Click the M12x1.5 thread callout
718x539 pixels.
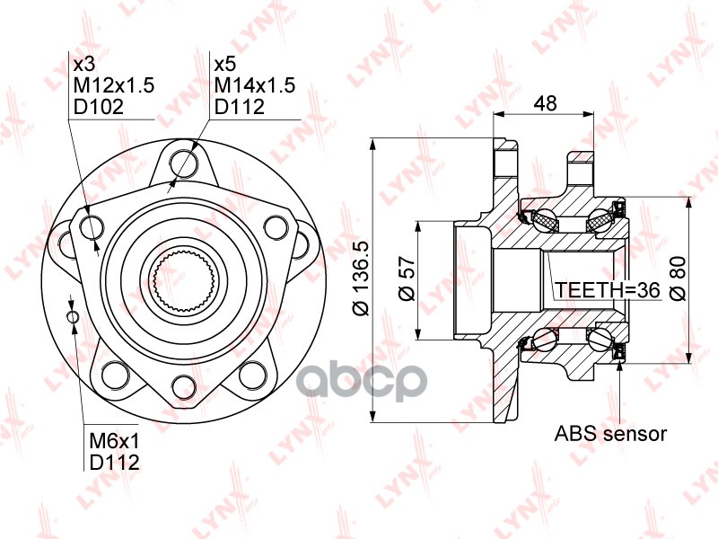114,85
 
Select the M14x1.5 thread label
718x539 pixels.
255,85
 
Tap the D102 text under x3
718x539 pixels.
99,107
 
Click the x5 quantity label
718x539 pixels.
225,65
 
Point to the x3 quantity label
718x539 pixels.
84,65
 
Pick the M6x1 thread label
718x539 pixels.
114,441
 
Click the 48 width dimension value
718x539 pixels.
545,103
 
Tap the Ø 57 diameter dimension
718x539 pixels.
407,279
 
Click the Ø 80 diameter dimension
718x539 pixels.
678,279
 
